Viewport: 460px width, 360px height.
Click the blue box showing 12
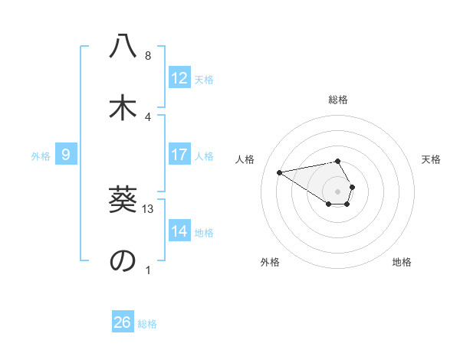179,78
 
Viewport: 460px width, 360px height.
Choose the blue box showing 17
179,155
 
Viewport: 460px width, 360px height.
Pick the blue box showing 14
179,231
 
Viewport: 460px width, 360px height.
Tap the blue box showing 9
66,155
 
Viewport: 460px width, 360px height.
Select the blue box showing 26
123,322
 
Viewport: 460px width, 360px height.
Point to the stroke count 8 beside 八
148,56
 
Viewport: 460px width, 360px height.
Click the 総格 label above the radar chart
337,100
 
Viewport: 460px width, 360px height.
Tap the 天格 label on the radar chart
431,159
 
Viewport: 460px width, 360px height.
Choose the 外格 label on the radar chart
270,262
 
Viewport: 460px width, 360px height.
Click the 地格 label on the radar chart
402,262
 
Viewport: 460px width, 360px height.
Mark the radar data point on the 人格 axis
280,172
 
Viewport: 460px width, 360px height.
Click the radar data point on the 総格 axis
337,161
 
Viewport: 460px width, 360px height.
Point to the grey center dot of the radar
337,191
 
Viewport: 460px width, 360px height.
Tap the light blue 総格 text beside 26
147,323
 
